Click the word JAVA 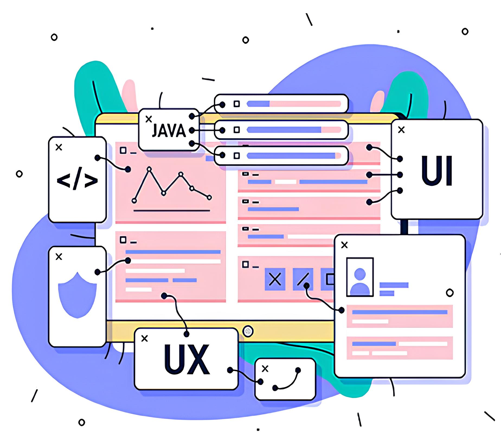[169, 131]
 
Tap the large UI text [437, 171]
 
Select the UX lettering [187, 360]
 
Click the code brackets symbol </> [77, 181]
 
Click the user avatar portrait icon [360, 277]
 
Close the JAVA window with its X [149, 119]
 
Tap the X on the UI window [401, 130]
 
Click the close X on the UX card [144, 338]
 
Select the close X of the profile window [344, 245]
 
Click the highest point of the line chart [149, 169]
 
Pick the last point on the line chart [209, 198]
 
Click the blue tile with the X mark [275, 279]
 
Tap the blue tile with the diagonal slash [303, 279]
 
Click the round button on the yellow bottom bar [248, 331]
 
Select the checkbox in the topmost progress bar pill [237, 104]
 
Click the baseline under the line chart [172, 210]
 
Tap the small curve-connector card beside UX [285, 379]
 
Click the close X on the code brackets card [59, 147]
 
